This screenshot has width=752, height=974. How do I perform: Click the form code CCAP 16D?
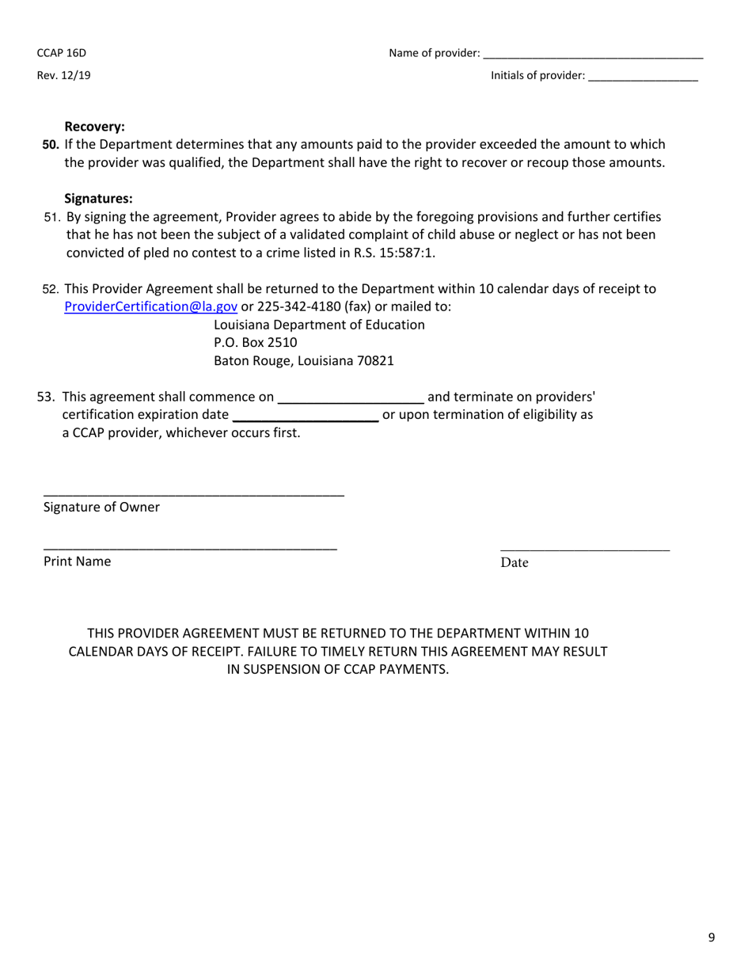[61, 53]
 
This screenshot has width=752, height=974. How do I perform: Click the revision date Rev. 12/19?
[63, 76]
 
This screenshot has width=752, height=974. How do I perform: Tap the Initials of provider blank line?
[643, 78]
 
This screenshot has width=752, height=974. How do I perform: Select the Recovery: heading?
[94, 127]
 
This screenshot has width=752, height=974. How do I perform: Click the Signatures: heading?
[98, 199]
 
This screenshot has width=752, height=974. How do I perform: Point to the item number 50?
[51, 144]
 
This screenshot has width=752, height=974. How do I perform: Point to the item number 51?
[52, 217]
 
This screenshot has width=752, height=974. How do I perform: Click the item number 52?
[51, 289]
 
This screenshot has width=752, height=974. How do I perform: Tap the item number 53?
[47, 397]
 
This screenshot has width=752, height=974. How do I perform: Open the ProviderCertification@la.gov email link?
[150, 306]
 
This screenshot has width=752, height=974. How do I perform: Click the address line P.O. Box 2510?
[256, 343]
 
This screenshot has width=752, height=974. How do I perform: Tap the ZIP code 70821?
[374, 361]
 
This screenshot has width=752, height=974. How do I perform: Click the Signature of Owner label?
[101, 508]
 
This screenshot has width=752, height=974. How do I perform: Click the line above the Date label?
[585, 548]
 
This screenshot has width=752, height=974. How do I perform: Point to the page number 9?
[712, 938]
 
